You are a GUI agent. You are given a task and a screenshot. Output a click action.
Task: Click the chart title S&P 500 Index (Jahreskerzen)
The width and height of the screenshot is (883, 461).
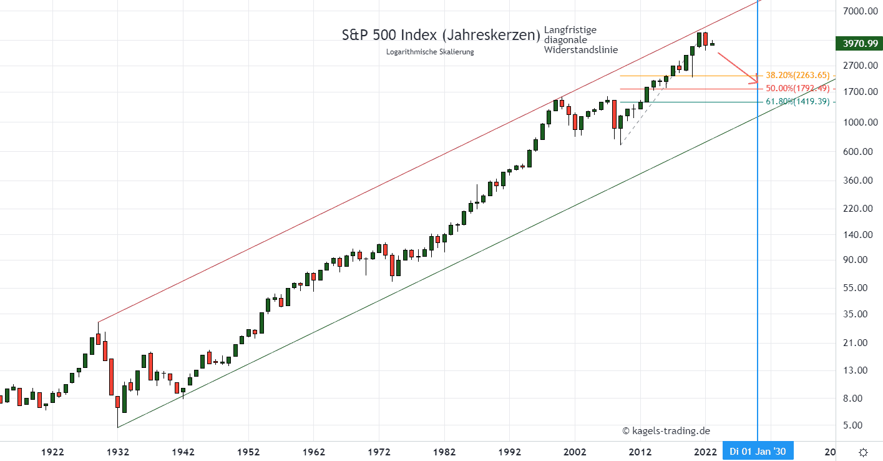[x=441, y=35]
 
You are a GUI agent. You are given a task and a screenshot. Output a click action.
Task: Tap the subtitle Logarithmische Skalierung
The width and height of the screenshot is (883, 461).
[x=430, y=52]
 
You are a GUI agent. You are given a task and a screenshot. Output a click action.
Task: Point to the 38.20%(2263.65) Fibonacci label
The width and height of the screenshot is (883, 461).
[x=798, y=76]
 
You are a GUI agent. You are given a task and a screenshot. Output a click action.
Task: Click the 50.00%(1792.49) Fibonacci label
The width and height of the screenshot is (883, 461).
[x=798, y=89]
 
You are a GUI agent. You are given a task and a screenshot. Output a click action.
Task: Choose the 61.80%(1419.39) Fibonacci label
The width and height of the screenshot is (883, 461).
[x=798, y=102]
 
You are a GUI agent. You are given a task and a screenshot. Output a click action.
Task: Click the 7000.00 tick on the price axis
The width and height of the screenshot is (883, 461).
[x=856, y=11]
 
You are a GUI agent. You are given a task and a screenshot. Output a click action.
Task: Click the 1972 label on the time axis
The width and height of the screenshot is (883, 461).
[x=379, y=452]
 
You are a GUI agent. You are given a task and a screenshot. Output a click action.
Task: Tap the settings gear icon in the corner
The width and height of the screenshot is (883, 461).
[x=863, y=452]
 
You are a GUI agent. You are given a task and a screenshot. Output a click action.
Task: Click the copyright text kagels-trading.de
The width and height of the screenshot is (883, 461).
[x=666, y=431]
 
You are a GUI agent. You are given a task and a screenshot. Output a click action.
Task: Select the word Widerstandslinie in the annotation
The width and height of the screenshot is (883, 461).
[x=581, y=50]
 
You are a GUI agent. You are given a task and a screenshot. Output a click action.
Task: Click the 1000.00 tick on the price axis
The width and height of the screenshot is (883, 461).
[x=856, y=122]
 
